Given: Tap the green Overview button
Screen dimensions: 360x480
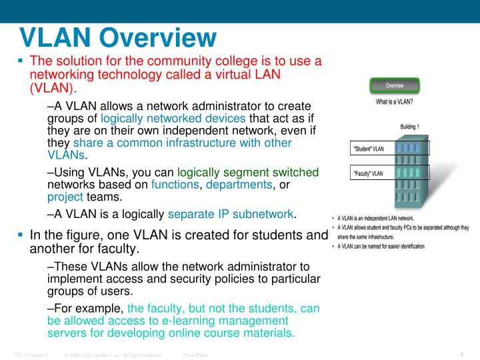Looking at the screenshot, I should [x=395, y=85].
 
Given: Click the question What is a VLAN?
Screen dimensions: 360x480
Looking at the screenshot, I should [x=395, y=102].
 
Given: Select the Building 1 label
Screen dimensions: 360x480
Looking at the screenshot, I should [x=409, y=127].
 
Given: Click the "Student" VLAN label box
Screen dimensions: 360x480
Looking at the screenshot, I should [x=368, y=149].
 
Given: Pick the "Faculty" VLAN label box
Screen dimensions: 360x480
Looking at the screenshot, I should [x=368, y=173].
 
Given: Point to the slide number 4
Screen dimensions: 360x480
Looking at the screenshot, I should [x=461, y=354].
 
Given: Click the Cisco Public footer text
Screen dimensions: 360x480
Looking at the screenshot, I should [x=195, y=355].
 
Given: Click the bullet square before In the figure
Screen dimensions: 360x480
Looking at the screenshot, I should [x=21, y=235].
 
